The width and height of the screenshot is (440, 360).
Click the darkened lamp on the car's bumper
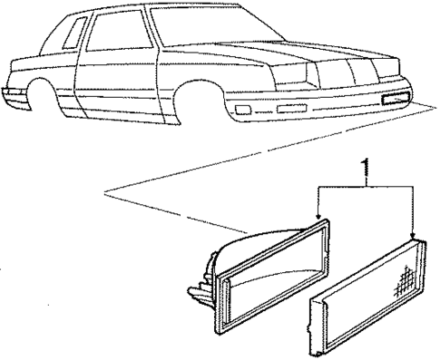pos(398,98)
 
